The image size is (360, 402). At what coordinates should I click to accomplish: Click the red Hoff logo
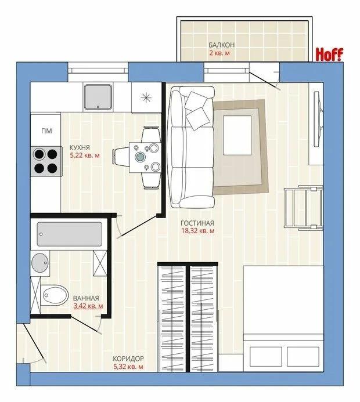coord(329,55)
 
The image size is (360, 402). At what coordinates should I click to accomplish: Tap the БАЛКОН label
coord(221,45)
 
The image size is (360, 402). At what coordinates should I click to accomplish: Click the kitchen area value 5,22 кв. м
coord(85,155)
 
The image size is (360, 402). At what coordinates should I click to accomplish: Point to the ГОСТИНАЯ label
coord(197,223)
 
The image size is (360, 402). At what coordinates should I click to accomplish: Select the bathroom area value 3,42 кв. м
coord(88,306)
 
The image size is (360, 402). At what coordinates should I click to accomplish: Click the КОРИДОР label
coord(128,358)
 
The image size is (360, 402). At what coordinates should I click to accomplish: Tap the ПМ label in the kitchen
coord(46,131)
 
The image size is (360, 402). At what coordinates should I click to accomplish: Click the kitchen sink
coord(98,97)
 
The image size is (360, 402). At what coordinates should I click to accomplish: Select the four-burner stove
coord(46,161)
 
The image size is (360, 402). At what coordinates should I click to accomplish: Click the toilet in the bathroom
coord(55,295)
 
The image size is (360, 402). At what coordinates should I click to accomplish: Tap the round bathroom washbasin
coord(40,263)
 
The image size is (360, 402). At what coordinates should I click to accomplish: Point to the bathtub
coord(69,234)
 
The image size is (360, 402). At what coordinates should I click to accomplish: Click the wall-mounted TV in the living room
coord(318,119)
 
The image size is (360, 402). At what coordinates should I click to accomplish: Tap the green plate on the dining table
coord(141,156)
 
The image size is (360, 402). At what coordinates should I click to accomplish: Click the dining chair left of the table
coord(121,157)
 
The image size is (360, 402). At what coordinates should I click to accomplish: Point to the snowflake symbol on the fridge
coord(146,97)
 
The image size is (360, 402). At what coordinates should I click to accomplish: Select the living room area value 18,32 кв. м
coord(198,231)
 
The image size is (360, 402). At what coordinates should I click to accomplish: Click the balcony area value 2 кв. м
coord(220,53)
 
